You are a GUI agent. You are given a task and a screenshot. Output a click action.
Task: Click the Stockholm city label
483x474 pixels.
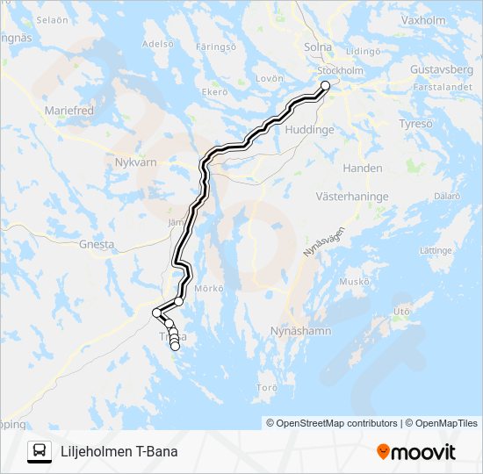[340, 70]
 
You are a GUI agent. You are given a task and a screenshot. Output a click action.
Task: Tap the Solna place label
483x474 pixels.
[318, 47]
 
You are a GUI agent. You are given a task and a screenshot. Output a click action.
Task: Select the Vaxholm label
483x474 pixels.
[422, 19]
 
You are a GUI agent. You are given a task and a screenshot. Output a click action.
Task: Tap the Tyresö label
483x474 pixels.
[415, 124]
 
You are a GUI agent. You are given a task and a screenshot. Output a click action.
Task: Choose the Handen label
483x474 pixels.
[363, 168]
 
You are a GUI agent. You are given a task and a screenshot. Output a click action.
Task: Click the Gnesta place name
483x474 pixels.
[97, 245]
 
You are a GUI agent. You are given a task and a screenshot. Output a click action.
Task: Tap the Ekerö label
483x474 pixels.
[215, 91]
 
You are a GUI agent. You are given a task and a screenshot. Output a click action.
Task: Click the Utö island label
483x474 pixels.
[402, 311]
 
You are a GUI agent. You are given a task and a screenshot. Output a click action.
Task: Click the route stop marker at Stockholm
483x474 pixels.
[325, 85]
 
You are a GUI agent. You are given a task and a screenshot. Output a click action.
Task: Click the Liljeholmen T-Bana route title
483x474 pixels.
[119, 452]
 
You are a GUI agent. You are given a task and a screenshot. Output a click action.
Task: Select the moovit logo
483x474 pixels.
[416, 452]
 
